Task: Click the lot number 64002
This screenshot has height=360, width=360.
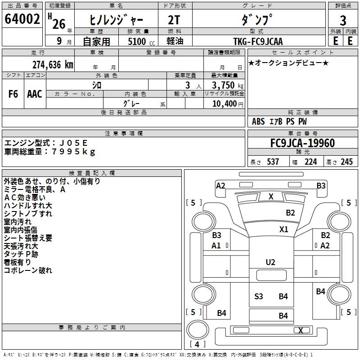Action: pyautogui.click(x=22, y=20)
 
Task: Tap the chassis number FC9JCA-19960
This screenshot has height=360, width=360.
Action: pyautogui.click(x=302, y=144)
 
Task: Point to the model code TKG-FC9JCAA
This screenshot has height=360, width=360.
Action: pyautogui.click(x=258, y=41)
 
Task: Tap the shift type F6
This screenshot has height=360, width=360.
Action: pyautogui.click(x=13, y=94)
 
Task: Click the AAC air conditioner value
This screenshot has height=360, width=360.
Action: pyautogui.click(x=35, y=94)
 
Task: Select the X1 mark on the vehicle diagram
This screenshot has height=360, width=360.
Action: pyautogui.click(x=283, y=229)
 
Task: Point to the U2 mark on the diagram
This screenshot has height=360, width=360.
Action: pyautogui.click(x=270, y=262)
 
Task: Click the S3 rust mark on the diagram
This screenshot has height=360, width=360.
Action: pyautogui.click(x=258, y=296)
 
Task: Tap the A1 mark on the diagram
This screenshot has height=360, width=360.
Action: pyautogui.click(x=216, y=246)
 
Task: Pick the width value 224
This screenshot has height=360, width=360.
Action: pyautogui.click(x=310, y=162)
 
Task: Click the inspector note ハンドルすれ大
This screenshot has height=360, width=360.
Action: pyautogui.click(x=28, y=206)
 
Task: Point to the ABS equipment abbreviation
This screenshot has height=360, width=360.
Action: pyautogui.click(x=258, y=121)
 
